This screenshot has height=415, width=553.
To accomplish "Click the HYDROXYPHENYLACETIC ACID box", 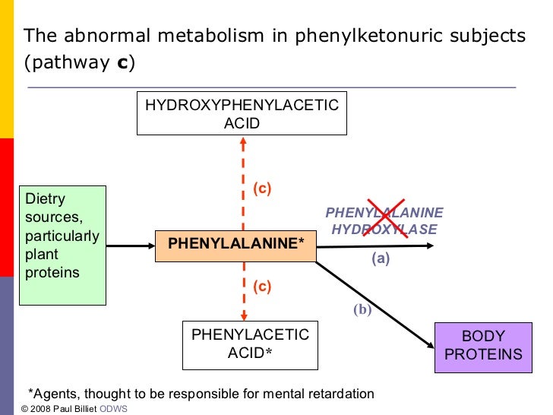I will [242, 114].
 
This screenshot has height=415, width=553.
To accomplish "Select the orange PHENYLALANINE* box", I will [235, 244].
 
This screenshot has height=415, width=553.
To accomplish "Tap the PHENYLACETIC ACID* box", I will [250, 344].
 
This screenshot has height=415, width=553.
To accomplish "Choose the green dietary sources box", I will [62, 245].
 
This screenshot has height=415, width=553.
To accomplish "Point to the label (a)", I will [381, 259].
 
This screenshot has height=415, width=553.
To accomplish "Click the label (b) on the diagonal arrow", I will [361, 309].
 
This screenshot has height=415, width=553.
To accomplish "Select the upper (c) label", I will [262, 188].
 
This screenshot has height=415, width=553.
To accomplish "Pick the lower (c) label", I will [262, 287].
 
